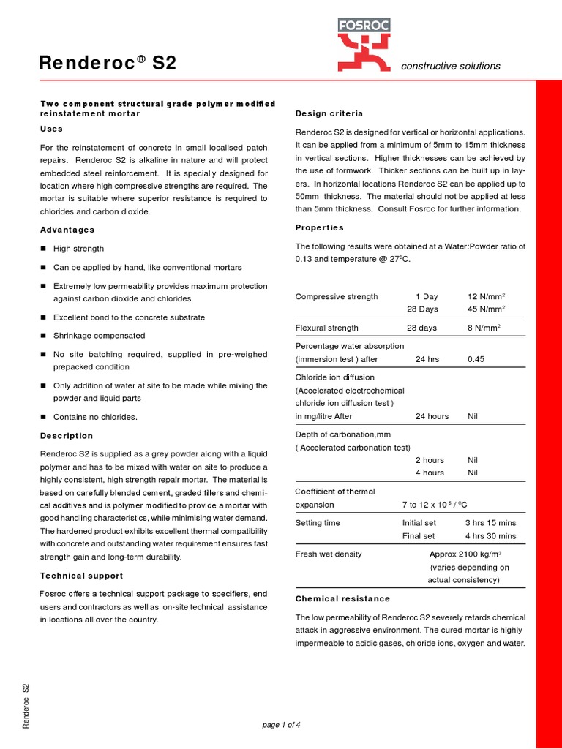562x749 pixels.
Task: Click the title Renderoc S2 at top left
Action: pyautogui.click(x=108, y=63)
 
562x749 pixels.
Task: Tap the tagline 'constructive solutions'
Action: pyautogui.click(x=451, y=66)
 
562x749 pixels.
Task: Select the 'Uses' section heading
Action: pyautogui.click(x=51, y=129)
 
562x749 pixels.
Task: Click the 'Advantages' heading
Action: pyautogui.click(x=67, y=230)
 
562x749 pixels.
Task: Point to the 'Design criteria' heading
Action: pyautogui.click(x=329, y=113)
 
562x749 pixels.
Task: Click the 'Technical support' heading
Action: pyautogui.click(x=81, y=576)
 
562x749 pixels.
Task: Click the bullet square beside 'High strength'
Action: pyautogui.click(x=44, y=249)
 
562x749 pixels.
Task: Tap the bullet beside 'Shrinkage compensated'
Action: pyautogui.click(x=44, y=336)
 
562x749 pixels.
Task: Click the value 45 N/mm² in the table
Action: pyautogui.click(x=484, y=309)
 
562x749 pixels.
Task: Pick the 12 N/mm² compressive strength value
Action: pyautogui.click(x=484, y=296)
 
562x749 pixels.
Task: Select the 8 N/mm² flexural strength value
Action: pyautogui.click(x=484, y=328)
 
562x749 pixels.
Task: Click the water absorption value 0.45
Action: pyautogui.click(x=476, y=359)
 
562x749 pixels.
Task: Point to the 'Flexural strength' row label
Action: pyautogui.click(x=326, y=328)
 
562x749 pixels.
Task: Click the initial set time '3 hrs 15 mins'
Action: pyautogui.click(x=490, y=523)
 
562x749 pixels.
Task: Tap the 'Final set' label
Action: pyautogui.click(x=419, y=536)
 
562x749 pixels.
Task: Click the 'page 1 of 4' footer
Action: pyautogui.click(x=281, y=725)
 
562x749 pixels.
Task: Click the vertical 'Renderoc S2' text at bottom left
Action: pyautogui.click(x=26, y=705)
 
